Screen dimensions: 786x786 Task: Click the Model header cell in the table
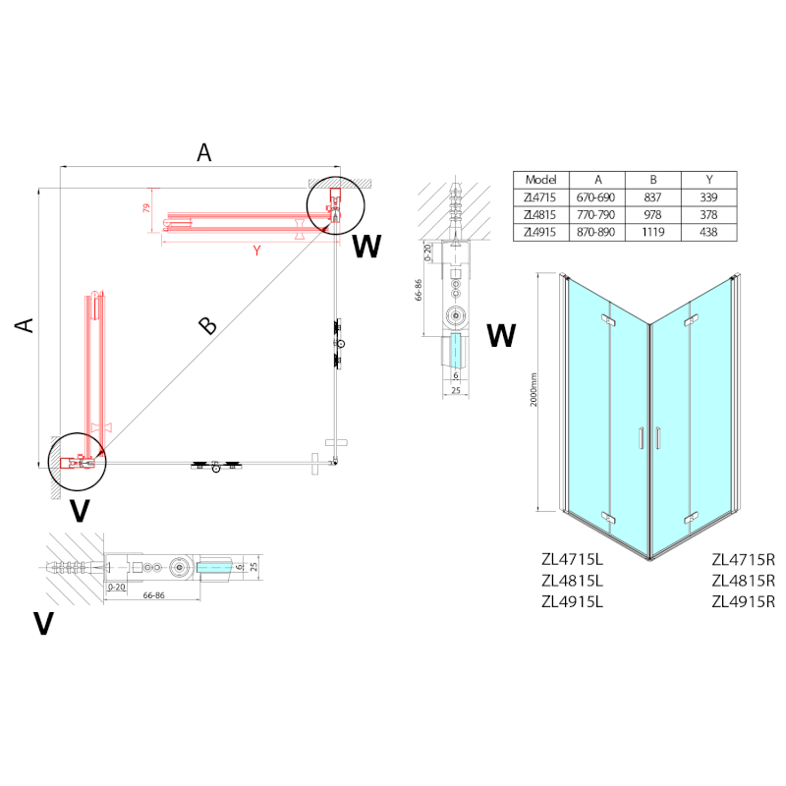pos(541,180)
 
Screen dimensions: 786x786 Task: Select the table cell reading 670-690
pos(597,197)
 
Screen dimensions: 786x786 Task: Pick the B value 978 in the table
pos(652,214)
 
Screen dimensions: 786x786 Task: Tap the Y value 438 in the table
pos(708,232)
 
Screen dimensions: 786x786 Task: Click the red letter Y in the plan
pos(256,251)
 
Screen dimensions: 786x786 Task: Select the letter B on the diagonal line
pos(206,325)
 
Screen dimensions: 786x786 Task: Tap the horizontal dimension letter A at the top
pos(203,151)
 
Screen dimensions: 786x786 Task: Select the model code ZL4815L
pos(571,581)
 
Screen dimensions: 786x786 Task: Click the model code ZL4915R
pos(743,601)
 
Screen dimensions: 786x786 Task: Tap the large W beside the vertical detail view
pos(501,336)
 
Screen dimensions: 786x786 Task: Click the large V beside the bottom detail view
pos(42,623)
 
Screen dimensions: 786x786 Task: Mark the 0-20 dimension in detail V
pos(117,587)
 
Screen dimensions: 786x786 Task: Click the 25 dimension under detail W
pos(454,391)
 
